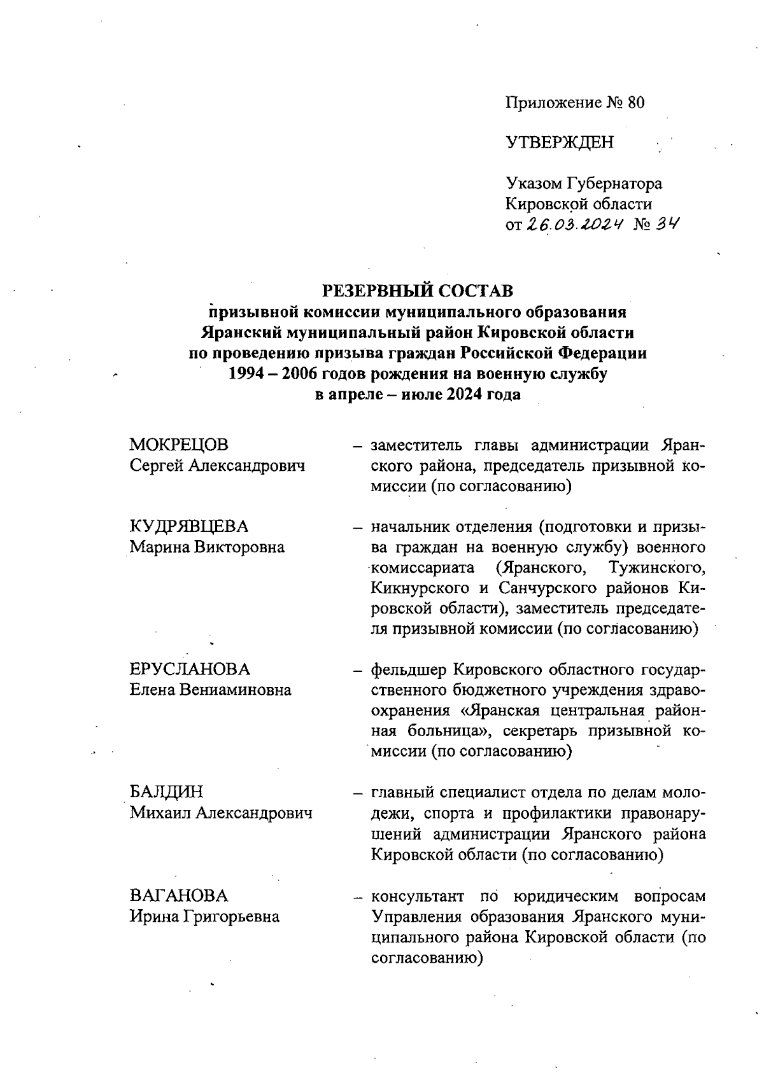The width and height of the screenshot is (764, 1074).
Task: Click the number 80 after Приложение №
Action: (x=635, y=102)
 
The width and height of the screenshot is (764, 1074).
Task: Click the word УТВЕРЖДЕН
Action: (x=560, y=143)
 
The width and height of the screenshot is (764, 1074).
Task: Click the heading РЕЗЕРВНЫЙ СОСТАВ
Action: (x=418, y=291)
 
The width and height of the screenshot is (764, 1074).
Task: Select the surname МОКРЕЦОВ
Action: (x=179, y=445)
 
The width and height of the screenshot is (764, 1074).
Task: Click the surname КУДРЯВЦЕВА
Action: (x=189, y=527)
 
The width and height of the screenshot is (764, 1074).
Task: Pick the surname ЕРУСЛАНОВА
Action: (x=190, y=669)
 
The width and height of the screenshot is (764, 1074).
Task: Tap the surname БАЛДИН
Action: (x=167, y=792)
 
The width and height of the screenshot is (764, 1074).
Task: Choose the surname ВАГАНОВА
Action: (x=179, y=896)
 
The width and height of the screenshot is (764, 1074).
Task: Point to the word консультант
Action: (x=418, y=896)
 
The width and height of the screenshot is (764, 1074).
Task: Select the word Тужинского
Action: (x=656, y=568)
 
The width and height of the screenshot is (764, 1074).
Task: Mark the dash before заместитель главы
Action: (x=358, y=445)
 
